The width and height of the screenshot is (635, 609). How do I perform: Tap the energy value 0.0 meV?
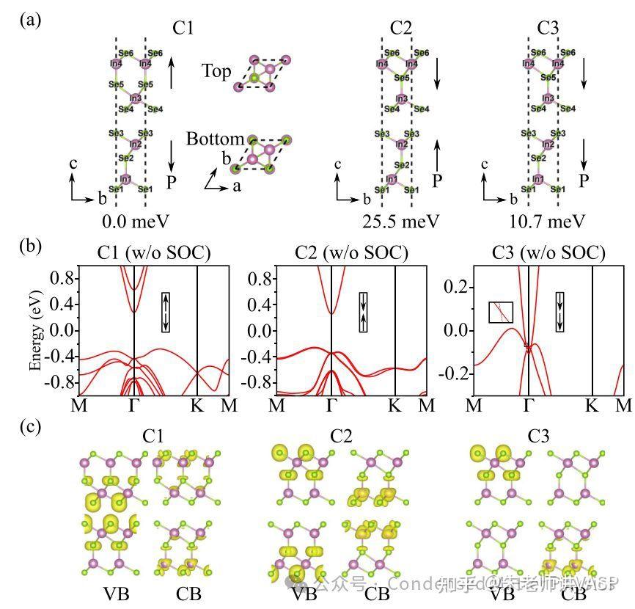tap(133, 220)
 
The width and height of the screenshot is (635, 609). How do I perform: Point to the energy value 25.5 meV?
tap(400, 220)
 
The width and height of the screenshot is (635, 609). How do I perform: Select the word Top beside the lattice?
tap(216, 71)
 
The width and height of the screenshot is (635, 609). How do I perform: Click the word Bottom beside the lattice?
tap(215, 139)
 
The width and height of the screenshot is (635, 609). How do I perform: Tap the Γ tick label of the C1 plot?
tap(134, 405)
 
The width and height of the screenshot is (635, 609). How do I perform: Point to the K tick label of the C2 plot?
tap(395, 405)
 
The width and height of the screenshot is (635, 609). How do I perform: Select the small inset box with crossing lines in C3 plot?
tap(500, 312)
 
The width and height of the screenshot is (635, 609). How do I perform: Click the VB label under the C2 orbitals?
tap(304, 594)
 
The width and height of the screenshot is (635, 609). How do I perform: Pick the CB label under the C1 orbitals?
tap(181, 594)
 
